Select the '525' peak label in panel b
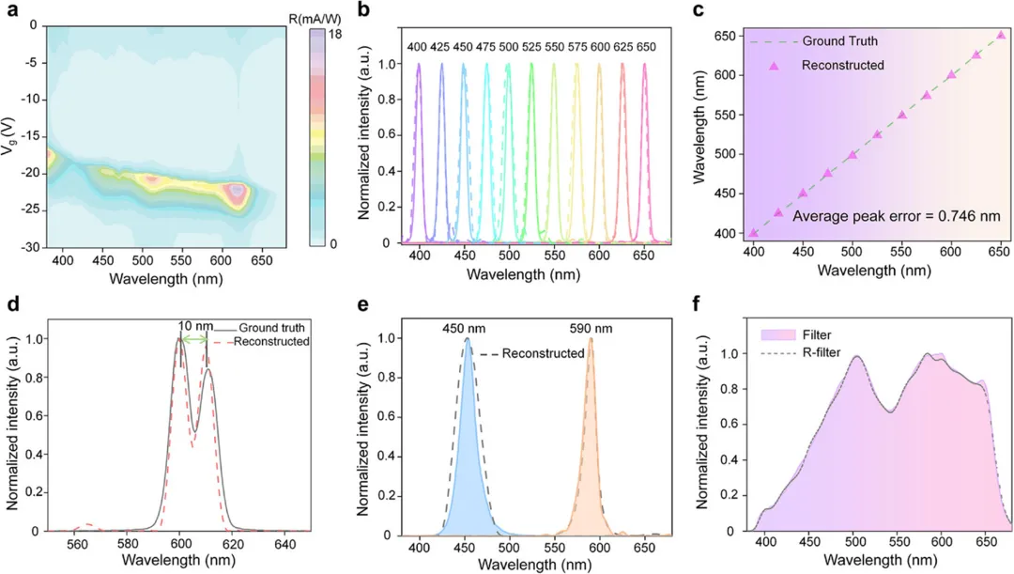pyautogui.click(x=531, y=46)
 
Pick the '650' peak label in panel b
pyautogui.click(x=645, y=46)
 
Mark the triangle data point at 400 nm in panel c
pyautogui.click(x=753, y=233)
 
